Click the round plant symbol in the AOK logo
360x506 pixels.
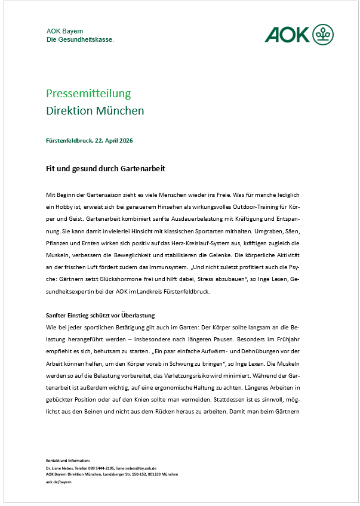pos(324,34)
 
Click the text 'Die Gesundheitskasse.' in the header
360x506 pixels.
pos(80,39)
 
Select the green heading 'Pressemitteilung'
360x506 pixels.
pos(88,94)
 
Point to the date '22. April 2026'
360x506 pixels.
pos(113,141)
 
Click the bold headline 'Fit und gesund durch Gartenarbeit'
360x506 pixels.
pos(105,169)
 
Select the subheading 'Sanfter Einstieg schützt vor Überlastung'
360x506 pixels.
pos(106,315)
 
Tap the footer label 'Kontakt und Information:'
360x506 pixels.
pos(67,461)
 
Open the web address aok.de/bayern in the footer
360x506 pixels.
pos(59,481)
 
